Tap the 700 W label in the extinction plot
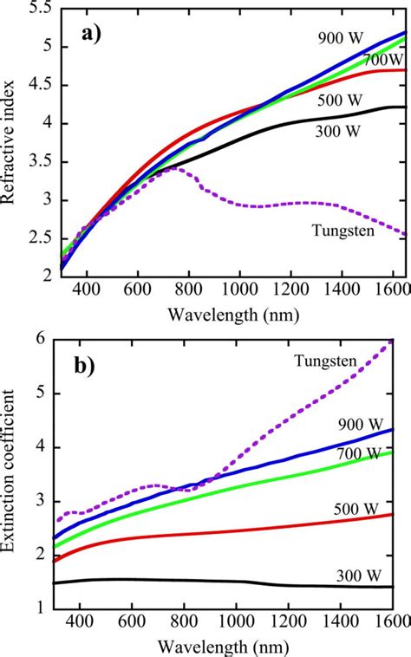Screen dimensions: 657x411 click(359, 454)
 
